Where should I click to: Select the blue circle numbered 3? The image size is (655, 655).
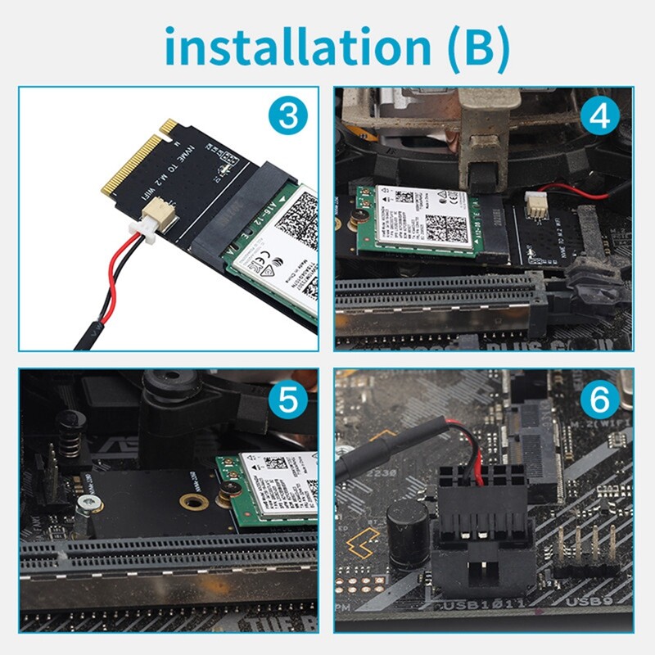click(287, 116)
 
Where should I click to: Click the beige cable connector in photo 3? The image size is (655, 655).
click(154, 223)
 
